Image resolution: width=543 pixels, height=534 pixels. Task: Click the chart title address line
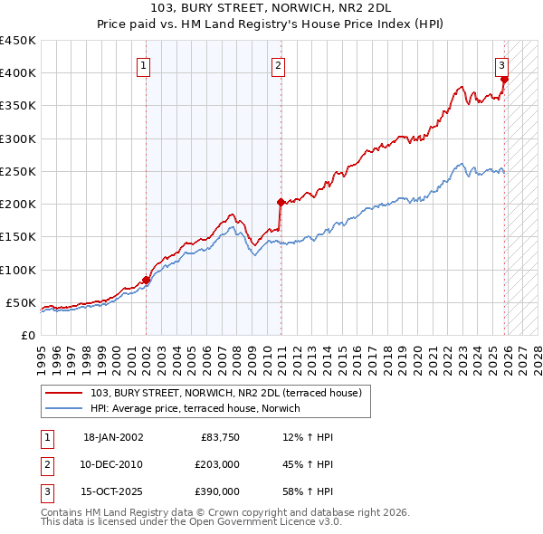pos(271,8)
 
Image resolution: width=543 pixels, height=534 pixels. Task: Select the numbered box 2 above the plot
pos(278,65)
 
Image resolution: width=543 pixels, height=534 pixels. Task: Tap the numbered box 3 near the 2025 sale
pos(500,65)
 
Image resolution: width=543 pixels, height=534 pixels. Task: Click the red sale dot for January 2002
pos(146,281)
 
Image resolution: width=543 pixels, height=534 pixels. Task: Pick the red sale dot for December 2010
pos(281,202)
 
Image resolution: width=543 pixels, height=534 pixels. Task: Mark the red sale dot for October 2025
pos(505,80)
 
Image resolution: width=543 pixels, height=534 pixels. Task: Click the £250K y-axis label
pos(17,171)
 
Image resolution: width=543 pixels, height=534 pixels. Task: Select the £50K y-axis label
pos(21,302)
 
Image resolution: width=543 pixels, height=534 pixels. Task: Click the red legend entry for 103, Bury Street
pos(226,393)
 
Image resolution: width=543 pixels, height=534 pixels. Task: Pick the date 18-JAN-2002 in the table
pos(113,437)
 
